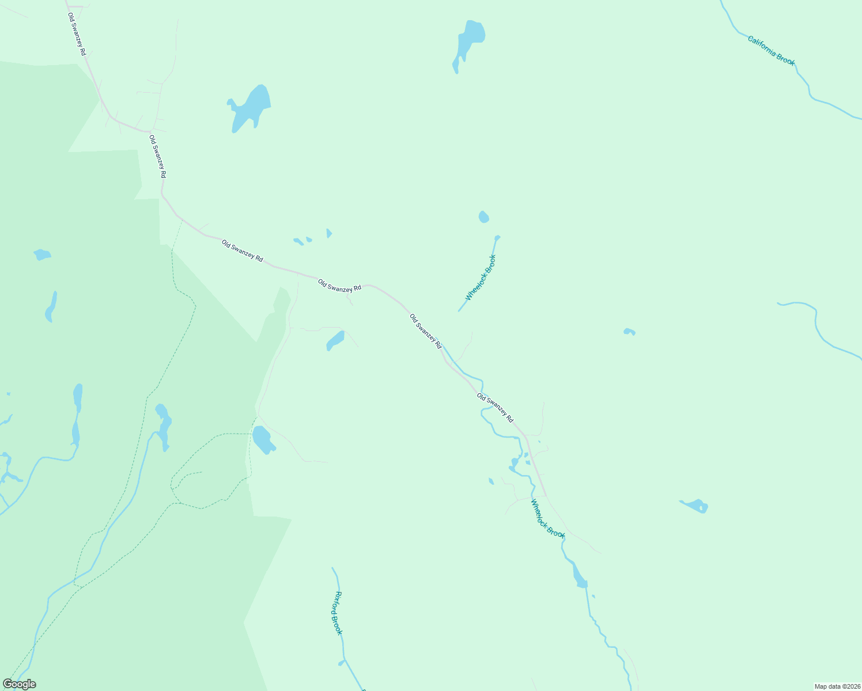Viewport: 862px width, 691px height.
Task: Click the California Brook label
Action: click(x=771, y=50)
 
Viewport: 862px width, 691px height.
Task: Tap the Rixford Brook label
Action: click(x=338, y=613)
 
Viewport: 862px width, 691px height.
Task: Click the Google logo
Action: click(x=20, y=684)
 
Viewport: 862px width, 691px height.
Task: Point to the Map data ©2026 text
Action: click(x=837, y=686)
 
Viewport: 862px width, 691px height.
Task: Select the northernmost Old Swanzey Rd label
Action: click(x=77, y=34)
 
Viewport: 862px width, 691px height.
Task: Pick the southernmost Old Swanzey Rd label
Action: click(x=495, y=408)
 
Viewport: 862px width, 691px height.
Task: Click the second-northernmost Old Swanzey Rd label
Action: click(x=157, y=156)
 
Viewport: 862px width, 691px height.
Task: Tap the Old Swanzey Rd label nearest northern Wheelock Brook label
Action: click(x=426, y=331)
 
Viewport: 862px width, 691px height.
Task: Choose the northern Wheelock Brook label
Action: click(x=481, y=278)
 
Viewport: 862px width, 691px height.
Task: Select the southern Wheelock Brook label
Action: click(x=547, y=518)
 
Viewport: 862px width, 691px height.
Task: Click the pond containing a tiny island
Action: click(x=696, y=506)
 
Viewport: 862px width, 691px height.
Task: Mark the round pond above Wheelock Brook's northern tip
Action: click(x=483, y=217)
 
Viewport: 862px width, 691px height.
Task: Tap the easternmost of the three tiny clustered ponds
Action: click(x=328, y=233)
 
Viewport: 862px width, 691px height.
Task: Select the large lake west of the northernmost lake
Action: click(x=249, y=108)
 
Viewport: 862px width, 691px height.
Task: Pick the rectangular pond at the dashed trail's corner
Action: click(x=263, y=439)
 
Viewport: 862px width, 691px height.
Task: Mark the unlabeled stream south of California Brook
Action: click(x=818, y=328)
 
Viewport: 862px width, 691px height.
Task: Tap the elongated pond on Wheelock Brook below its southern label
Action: click(x=579, y=577)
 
